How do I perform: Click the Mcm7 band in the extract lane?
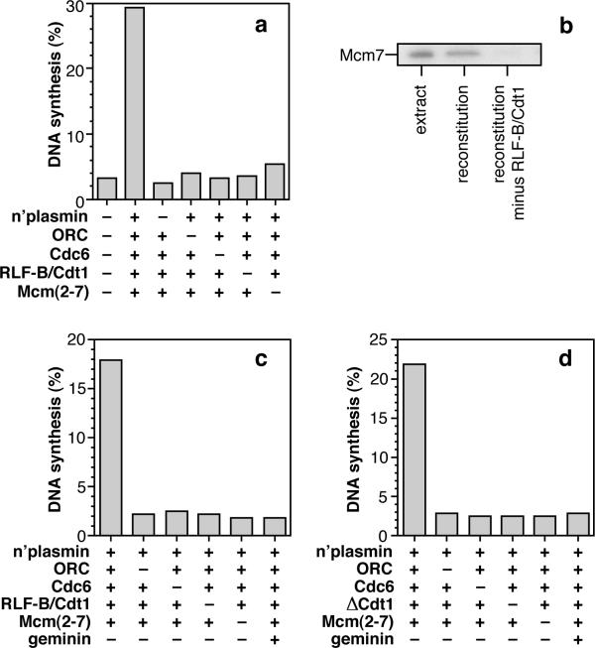tap(421, 55)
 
